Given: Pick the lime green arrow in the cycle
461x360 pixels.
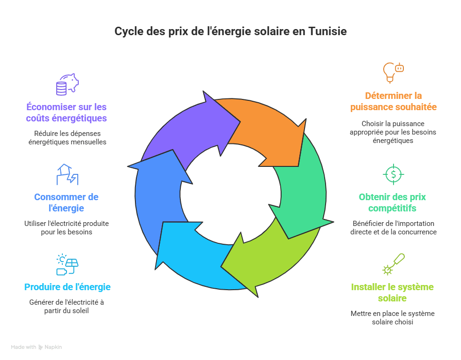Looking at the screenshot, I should (x=267, y=260).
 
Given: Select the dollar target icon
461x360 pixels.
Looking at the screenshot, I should (x=392, y=174).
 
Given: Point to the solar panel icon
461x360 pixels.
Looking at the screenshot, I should (x=67, y=264).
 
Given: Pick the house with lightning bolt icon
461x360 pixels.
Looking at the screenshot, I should (x=67, y=174).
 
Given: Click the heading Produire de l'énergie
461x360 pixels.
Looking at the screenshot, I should (x=67, y=287).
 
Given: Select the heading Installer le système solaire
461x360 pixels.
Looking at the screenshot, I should (x=392, y=292).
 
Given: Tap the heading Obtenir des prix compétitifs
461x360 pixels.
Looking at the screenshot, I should (x=392, y=202).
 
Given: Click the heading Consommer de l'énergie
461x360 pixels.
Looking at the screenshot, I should (x=66, y=202).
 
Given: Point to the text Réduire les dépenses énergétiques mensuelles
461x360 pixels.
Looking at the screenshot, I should (x=67, y=137).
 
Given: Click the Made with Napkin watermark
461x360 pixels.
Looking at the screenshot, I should (x=37, y=347).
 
